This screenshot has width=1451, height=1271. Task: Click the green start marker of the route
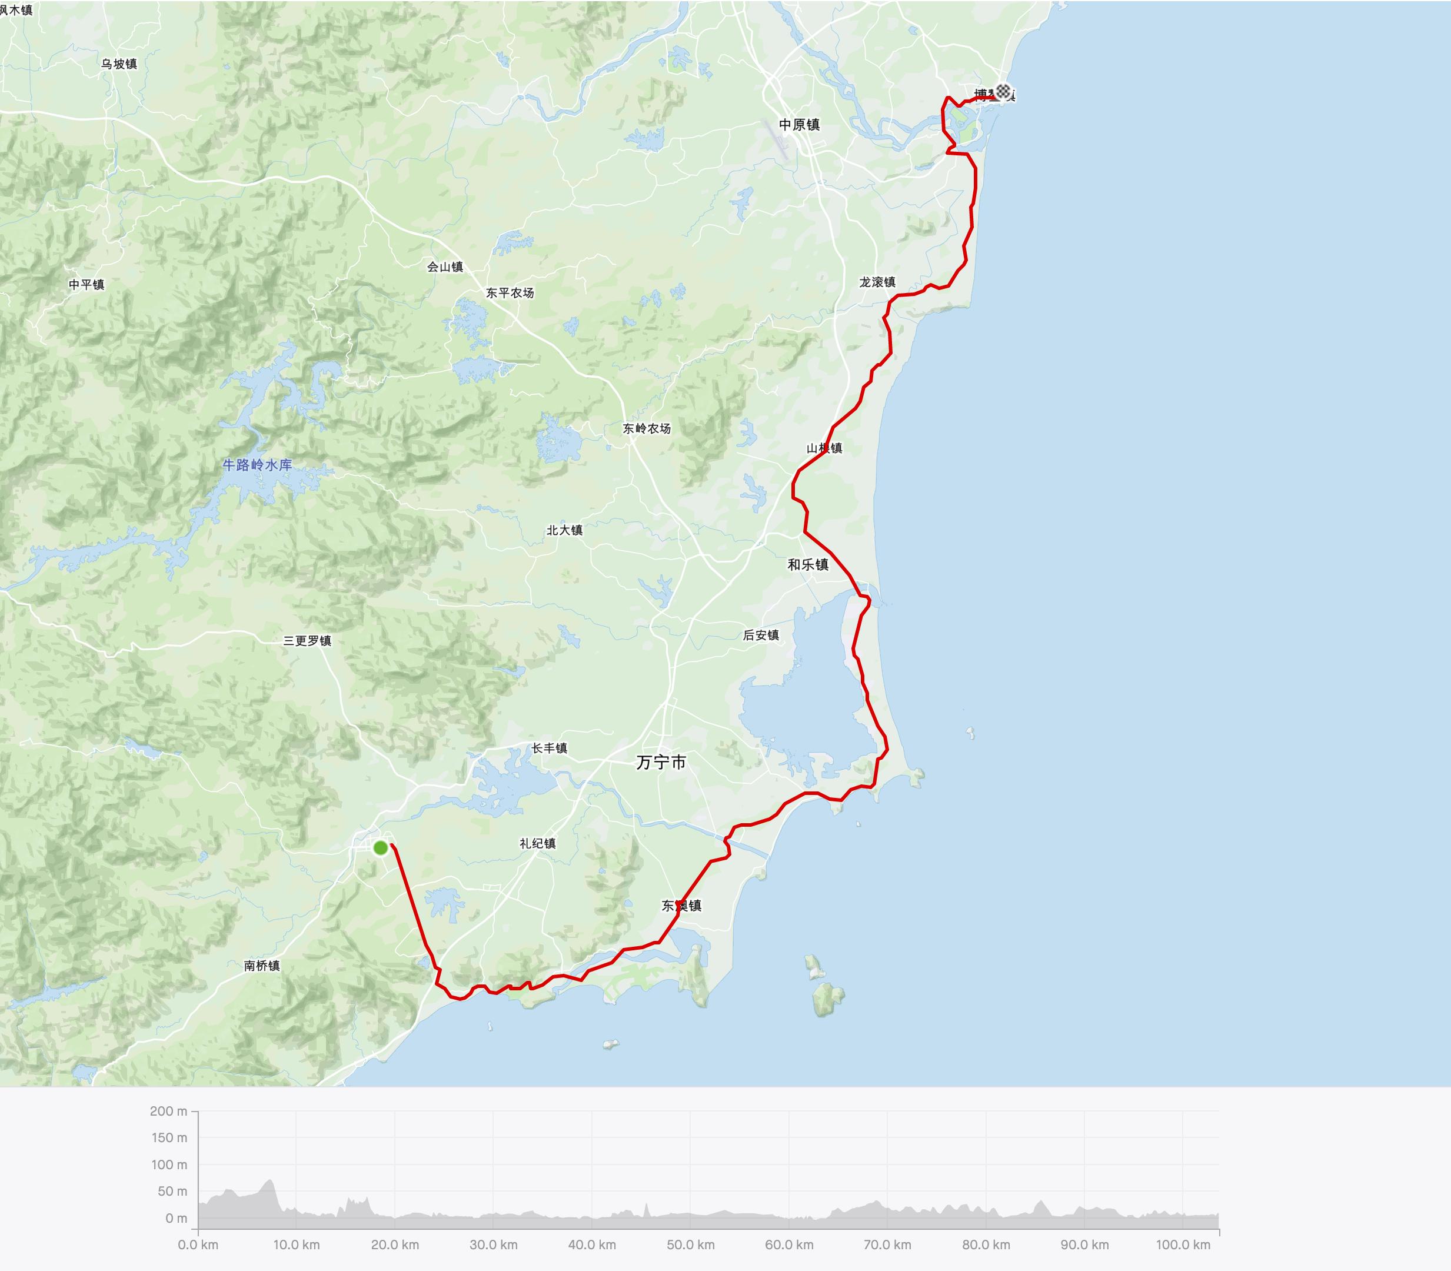click(x=380, y=847)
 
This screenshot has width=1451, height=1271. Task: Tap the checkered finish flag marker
click(x=1003, y=91)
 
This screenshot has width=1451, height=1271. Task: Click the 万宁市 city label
click(x=661, y=763)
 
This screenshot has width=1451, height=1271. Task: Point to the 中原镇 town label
click(x=799, y=125)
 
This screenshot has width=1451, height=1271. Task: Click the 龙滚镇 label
click(x=877, y=282)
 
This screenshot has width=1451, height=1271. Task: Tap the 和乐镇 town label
click(x=808, y=564)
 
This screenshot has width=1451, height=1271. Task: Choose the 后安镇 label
click(x=761, y=635)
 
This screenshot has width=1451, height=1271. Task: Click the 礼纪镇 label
click(x=538, y=843)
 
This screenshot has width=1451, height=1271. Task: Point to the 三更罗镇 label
click(x=307, y=640)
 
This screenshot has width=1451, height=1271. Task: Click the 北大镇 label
click(x=564, y=530)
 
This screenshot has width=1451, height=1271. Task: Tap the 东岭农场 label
click(x=646, y=428)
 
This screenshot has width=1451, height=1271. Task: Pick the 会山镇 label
click(x=445, y=267)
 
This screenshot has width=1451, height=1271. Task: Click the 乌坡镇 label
click(x=119, y=64)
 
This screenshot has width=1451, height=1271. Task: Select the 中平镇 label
click(x=86, y=284)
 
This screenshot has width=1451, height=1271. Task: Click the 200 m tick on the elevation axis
click(x=168, y=1111)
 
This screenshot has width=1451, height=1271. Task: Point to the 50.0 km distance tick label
click(x=691, y=1245)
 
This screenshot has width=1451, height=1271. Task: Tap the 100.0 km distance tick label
click(x=1183, y=1245)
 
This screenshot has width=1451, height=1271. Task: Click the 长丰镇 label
click(x=550, y=748)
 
